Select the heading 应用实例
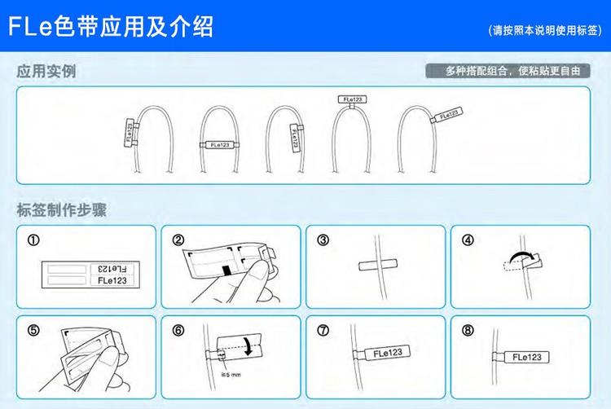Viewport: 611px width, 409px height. (46, 72)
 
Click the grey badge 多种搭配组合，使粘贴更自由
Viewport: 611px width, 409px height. (506, 71)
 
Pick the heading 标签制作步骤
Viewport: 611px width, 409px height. (62, 208)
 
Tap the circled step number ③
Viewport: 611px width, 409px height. (323, 240)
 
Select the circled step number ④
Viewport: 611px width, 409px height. (468, 240)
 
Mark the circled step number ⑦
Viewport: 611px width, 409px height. (323, 331)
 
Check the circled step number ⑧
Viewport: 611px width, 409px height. (468, 331)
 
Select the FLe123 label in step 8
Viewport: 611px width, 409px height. (527, 356)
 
